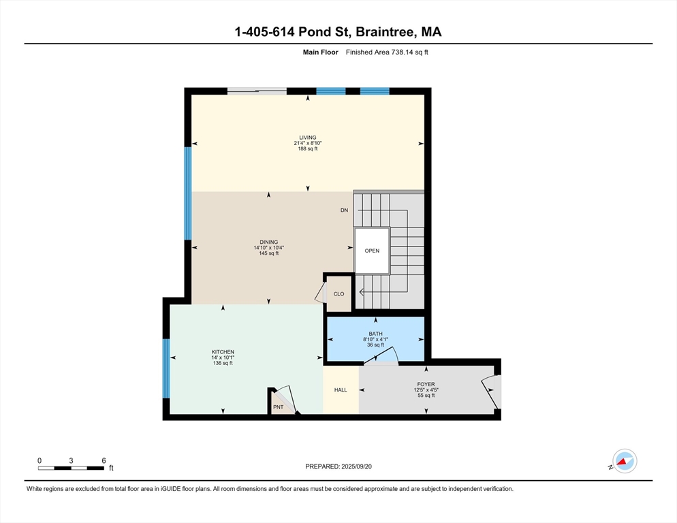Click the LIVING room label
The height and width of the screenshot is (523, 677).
[308, 138]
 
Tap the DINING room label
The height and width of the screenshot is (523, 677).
[269, 242]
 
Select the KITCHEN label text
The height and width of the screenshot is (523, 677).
[223, 352]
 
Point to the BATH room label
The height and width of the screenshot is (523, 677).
[376, 334]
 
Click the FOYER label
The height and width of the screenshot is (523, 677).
[426, 384]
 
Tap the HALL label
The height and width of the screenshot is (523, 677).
[341, 390]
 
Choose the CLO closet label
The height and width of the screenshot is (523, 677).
[339, 294]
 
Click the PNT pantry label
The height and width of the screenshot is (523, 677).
[279, 407]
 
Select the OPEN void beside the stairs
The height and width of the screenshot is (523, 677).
[372, 251]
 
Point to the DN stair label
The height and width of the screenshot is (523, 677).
[344, 210]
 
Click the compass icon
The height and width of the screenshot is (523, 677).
[625, 461]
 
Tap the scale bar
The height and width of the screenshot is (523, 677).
[71, 468]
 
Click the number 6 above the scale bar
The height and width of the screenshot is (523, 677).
[104, 461]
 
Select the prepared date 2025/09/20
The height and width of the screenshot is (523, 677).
[357, 466]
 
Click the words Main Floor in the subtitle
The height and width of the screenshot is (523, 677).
[320, 52]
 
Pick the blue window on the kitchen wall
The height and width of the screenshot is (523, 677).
[166, 368]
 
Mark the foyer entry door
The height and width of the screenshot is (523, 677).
[492, 392]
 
